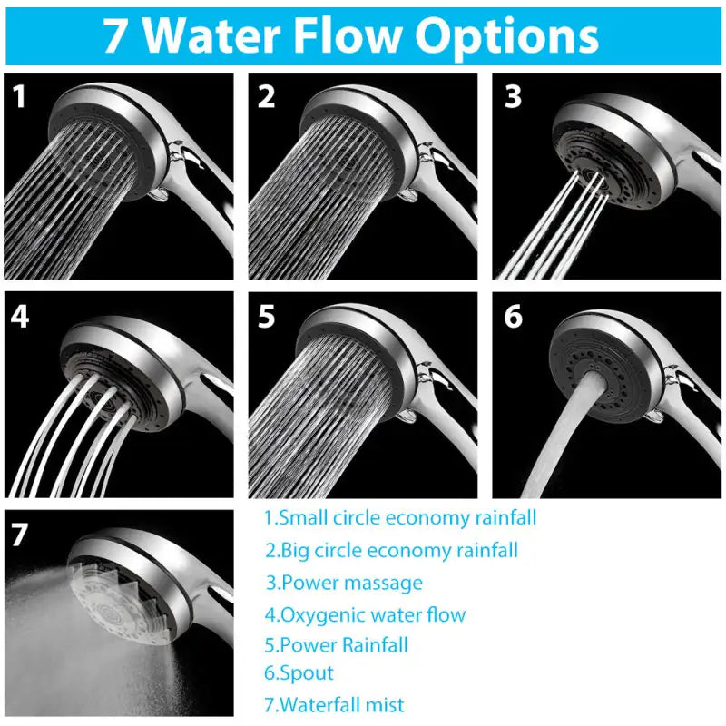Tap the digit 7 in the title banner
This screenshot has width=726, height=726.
point(115,35)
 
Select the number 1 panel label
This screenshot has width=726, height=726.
point(19,96)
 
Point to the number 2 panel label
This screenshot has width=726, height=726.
point(266,96)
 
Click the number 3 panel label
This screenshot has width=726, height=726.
point(514,96)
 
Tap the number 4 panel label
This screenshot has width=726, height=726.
point(21,316)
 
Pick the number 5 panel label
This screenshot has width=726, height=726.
point(266,316)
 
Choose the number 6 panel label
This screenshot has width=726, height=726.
point(514,316)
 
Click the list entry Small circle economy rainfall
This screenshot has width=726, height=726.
point(400,519)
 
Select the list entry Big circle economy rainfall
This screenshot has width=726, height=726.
point(392,550)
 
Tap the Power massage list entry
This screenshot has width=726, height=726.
point(344,583)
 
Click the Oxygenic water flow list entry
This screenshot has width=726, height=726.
point(365,614)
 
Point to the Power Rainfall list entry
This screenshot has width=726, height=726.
point(337,645)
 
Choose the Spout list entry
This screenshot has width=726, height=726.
point(299,673)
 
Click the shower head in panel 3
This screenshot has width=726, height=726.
point(603,145)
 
